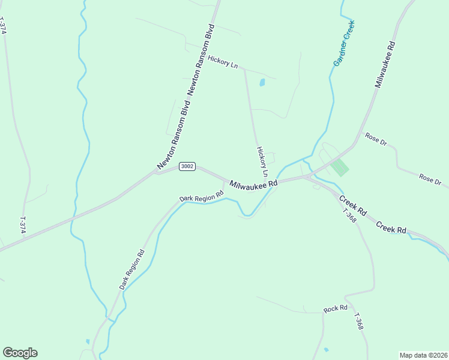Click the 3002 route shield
187,166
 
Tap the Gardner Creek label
344,43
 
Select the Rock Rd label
336,309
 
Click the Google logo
20,352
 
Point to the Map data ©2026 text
423,355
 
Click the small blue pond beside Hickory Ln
262,83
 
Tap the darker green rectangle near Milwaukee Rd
340,167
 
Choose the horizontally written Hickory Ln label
223,61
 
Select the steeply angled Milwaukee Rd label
385,65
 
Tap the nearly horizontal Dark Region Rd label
201,196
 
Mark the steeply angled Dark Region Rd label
132,269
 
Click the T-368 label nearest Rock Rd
358,322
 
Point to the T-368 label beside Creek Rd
349,216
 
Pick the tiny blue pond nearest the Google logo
88,341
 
